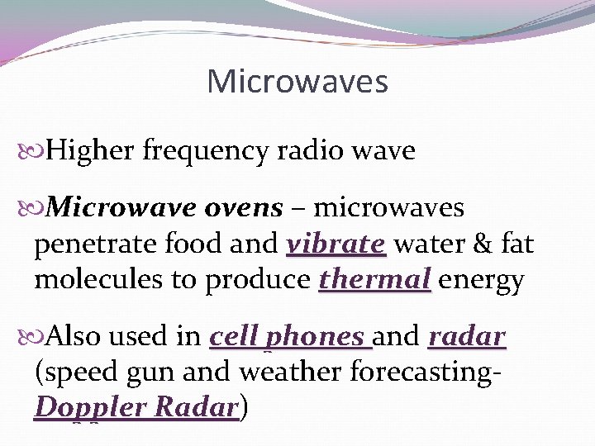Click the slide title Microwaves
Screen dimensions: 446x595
[x=297, y=82]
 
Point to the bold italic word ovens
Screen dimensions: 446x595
[x=245, y=208]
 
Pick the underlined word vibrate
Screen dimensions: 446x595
[x=336, y=245]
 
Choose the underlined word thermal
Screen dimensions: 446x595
[x=374, y=281]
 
